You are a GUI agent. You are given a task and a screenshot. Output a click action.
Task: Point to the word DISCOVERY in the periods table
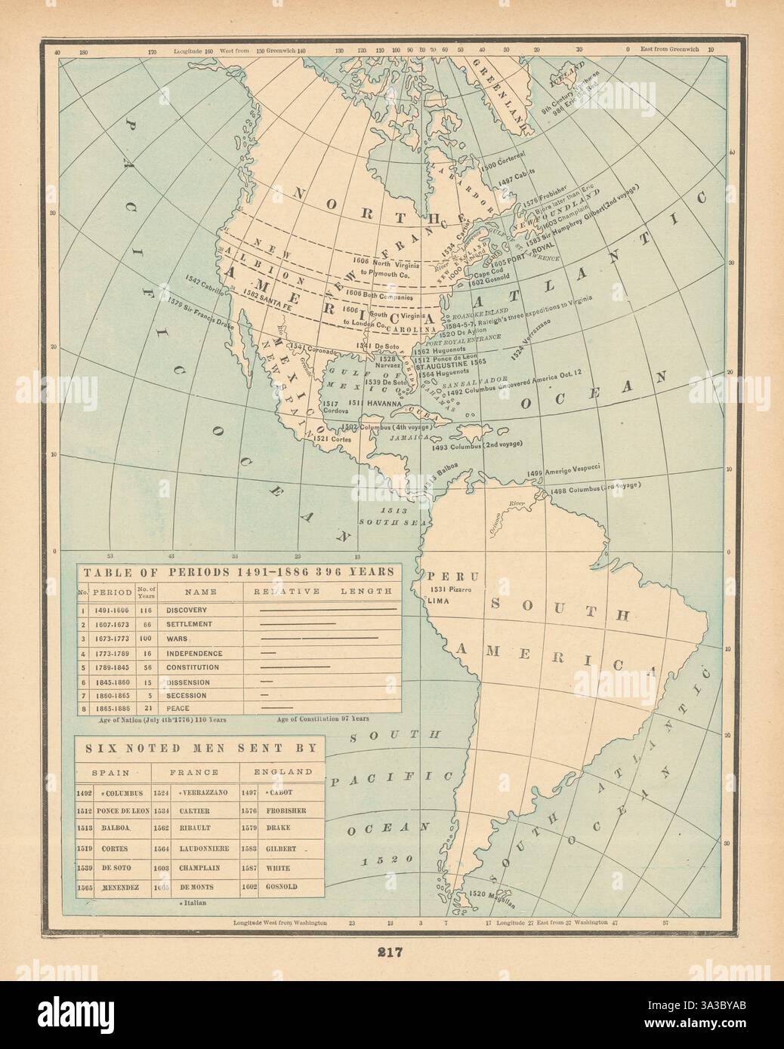click(x=188, y=610)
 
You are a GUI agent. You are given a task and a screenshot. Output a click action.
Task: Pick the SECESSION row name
click(x=190, y=695)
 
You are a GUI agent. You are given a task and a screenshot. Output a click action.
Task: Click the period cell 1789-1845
click(x=112, y=667)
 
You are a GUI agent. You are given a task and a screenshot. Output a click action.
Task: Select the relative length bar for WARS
click(x=318, y=638)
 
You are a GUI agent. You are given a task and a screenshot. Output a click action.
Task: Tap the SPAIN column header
click(x=109, y=772)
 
